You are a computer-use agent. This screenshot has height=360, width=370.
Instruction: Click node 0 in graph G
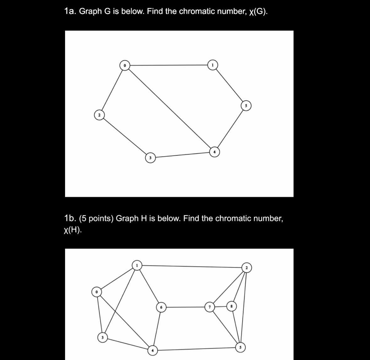click(x=125, y=66)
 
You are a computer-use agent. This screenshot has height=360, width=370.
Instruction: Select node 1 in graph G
click(x=213, y=65)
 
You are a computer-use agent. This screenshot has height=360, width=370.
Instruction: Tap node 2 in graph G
click(x=99, y=115)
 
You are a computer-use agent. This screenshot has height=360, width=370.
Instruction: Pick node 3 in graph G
click(x=150, y=158)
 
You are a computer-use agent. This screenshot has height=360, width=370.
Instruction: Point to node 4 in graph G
click(x=215, y=152)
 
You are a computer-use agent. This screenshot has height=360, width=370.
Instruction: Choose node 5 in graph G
click(x=246, y=106)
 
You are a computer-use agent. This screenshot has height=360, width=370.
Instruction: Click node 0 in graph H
click(x=96, y=292)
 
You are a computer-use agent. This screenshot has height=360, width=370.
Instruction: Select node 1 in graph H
click(x=137, y=265)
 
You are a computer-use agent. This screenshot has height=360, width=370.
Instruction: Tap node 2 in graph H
click(x=247, y=268)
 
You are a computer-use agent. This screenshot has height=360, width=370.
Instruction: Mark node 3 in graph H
click(x=102, y=337)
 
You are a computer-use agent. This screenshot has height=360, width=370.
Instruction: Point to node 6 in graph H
click(x=161, y=307)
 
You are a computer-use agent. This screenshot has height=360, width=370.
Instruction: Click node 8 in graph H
click(x=231, y=305)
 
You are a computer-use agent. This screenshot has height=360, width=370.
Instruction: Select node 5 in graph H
click(x=241, y=347)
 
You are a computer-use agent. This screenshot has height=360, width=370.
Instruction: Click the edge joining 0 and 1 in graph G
click(x=169, y=65)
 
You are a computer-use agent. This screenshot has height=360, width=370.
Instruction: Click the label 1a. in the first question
click(x=70, y=12)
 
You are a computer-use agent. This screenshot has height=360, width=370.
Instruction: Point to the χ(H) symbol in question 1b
click(x=72, y=230)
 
